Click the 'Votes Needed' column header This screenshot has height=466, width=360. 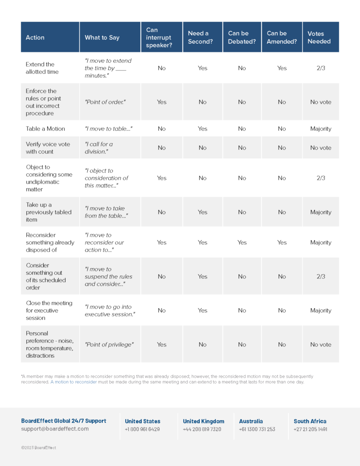(x=319, y=37)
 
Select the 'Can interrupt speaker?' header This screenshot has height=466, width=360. (x=159, y=37)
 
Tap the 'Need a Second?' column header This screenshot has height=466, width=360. (x=200, y=37)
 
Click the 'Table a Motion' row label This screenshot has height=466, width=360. (x=46, y=129)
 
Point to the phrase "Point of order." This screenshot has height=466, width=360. (x=105, y=102)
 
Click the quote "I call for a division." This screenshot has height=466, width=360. (x=99, y=148)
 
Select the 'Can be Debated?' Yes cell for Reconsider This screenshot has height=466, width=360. (x=242, y=243)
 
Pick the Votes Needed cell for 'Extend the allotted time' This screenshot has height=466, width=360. (x=321, y=68)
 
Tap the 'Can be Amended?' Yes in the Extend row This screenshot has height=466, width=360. (x=282, y=68)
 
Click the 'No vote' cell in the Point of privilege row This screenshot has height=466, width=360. (x=321, y=344)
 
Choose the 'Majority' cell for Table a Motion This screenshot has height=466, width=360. (x=321, y=129)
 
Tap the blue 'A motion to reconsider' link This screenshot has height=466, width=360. (x=74, y=382)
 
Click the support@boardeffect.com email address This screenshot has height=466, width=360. (x=55, y=429)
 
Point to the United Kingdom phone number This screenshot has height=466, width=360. (x=202, y=429)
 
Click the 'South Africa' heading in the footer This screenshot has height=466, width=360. (x=310, y=421)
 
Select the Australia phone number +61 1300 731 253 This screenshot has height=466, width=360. (x=257, y=429)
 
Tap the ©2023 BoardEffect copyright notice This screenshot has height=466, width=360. (x=39, y=448)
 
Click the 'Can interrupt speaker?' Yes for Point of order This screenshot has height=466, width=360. (x=162, y=102)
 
